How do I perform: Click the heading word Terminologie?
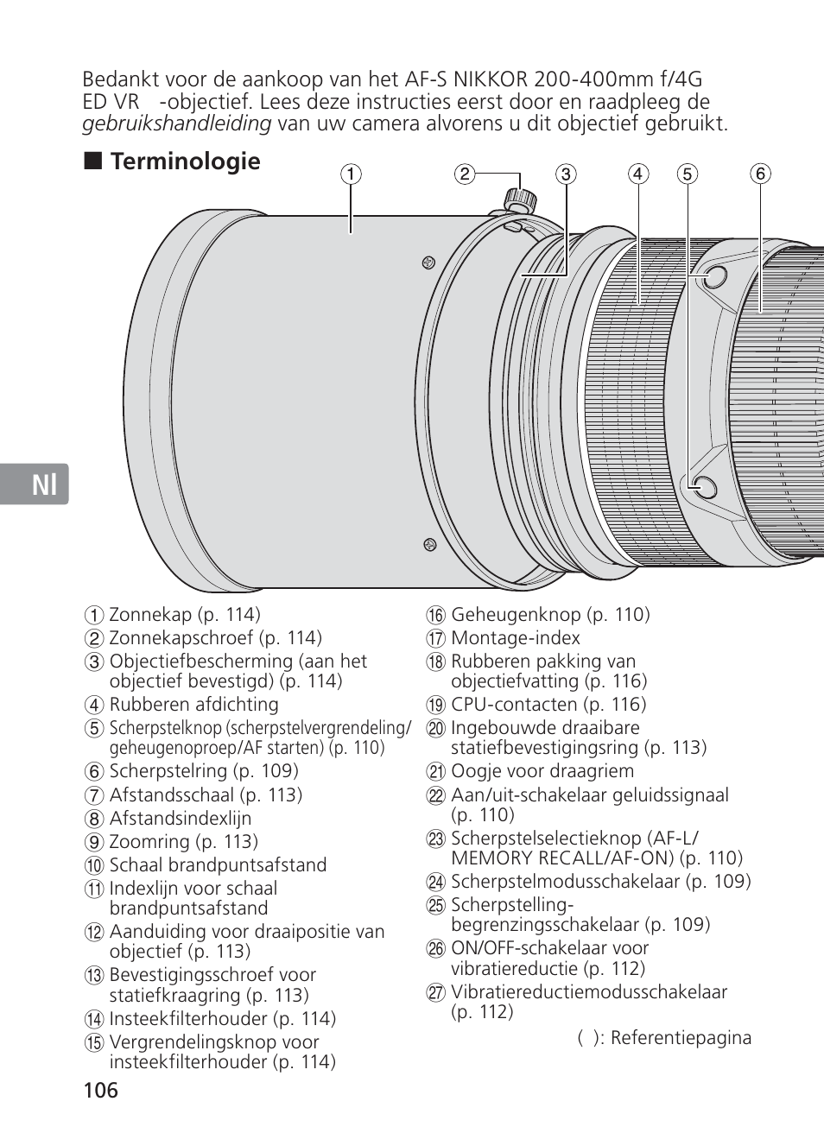(185, 161)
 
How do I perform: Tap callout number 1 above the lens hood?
(350, 174)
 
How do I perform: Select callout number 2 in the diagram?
(465, 174)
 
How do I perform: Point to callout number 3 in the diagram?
(566, 174)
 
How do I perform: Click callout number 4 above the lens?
(638, 174)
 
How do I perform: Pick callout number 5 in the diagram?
(687, 174)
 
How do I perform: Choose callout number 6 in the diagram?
(760, 174)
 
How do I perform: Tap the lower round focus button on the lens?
(704, 488)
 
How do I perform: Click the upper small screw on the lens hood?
(429, 261)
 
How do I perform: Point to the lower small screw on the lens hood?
(429, 543)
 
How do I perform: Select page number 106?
(100, 1090)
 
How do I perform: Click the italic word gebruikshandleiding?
(177, 123)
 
